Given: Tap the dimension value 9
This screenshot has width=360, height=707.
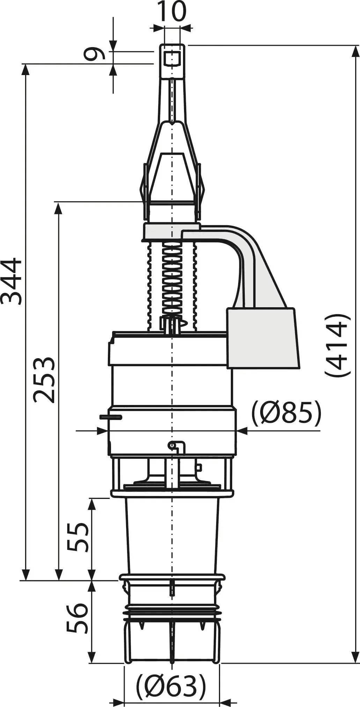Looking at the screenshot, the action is tap(95, 54).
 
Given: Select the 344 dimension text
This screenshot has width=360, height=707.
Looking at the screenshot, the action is tap(11, 281).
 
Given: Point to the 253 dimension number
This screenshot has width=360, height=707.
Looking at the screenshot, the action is tap(44, 380).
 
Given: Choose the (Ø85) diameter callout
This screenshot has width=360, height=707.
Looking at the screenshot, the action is tap(286, 413).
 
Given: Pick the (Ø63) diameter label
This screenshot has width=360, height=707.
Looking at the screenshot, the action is tap(171, 686).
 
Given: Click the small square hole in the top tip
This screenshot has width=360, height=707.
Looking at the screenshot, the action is tap(172, 57).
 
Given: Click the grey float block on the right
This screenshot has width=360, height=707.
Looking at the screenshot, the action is tap(263, 338).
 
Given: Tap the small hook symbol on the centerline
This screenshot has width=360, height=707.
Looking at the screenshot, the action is tap(177, 447).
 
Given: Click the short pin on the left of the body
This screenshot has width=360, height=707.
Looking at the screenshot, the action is tap(111, 417).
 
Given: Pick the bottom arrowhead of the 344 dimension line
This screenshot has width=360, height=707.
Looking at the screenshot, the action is tap(25, 573).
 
